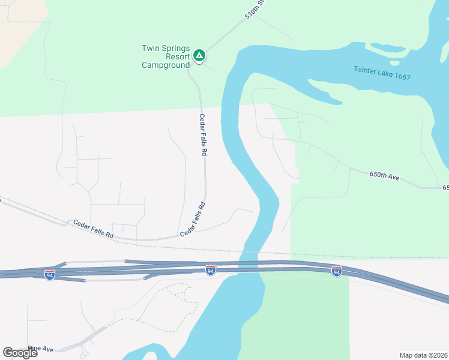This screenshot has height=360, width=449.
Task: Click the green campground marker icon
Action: tap(200, 56)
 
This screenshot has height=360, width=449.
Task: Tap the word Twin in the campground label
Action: tap(152, 48)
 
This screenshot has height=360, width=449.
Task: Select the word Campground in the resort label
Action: tap(166, 65)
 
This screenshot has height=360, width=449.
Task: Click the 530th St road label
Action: tap(255, 10)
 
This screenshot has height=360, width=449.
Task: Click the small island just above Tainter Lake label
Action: tap(394, 62)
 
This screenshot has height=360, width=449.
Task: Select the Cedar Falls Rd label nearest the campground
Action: tap(203, 135)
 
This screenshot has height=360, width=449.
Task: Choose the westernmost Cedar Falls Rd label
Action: tap(93, 229)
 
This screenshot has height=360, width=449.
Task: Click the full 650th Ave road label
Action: tap(385, 176)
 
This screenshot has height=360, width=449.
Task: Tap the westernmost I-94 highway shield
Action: tap(50, 275)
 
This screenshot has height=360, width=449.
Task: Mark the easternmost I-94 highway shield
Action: tap(337, 271)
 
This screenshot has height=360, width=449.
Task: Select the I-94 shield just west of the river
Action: tap(210, 271)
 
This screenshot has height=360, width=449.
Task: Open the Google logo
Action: tap(20, 352)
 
